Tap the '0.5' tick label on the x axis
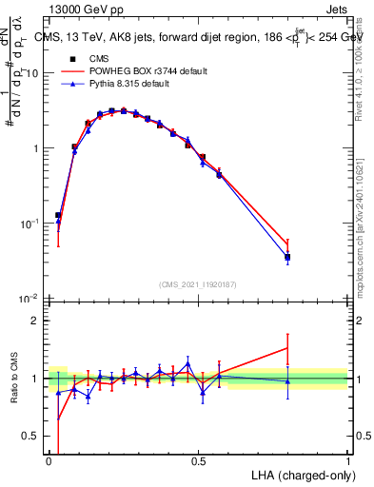pos(198,461)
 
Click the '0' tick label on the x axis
pos(49,461)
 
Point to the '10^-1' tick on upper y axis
pos(31,224)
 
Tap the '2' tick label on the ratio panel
pos(38,321)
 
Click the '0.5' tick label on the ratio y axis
pos(34,437)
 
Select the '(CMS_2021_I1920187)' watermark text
pos(198,284)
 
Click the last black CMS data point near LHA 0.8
pos(287,257)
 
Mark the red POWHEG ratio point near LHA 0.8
pos(287,348)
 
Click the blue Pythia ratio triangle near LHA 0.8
pos(287,381)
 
